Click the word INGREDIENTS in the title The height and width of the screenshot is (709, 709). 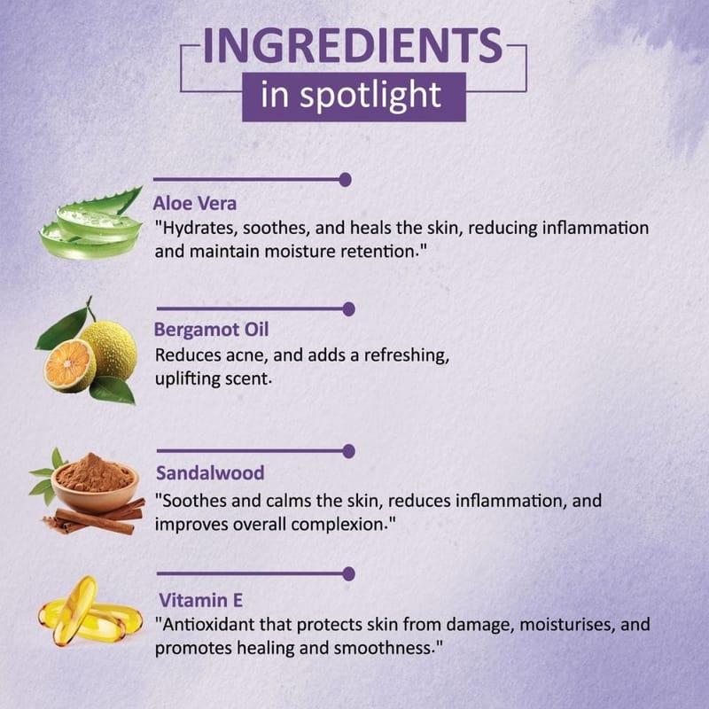point(353,45)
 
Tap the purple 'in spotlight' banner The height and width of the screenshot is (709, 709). point(354,97)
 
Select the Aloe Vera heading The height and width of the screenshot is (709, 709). point(194,204)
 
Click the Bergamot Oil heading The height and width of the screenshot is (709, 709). point(211,330)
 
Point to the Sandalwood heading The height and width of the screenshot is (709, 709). point(210,473)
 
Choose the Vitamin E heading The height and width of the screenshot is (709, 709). point(201,601)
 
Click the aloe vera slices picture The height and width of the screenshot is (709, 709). point(91,225)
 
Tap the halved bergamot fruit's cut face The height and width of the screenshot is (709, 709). point(69,365)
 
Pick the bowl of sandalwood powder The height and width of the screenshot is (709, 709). point(95,481)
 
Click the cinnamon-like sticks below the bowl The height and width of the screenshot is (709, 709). point(96,519)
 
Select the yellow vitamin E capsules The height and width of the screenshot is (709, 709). point(90,611)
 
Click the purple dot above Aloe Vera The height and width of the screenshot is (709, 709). point(345,180)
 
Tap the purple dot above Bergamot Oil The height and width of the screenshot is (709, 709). point(348,309)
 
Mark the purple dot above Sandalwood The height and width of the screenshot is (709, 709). point(348,451)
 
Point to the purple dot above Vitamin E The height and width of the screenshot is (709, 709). point(348,573)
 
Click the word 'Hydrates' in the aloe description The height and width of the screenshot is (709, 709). point(199,229)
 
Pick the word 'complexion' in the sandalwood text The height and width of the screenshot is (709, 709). point(338,525)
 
